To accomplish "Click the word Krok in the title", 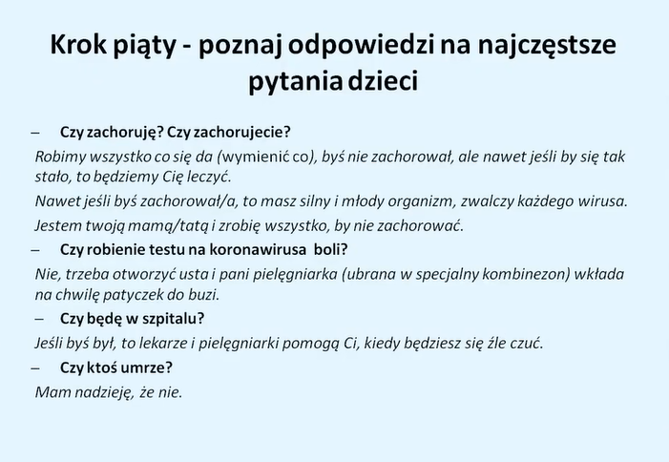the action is pos(78,44).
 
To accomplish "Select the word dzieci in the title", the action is pos(383,80).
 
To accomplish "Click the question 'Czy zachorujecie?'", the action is pos(229,132).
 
